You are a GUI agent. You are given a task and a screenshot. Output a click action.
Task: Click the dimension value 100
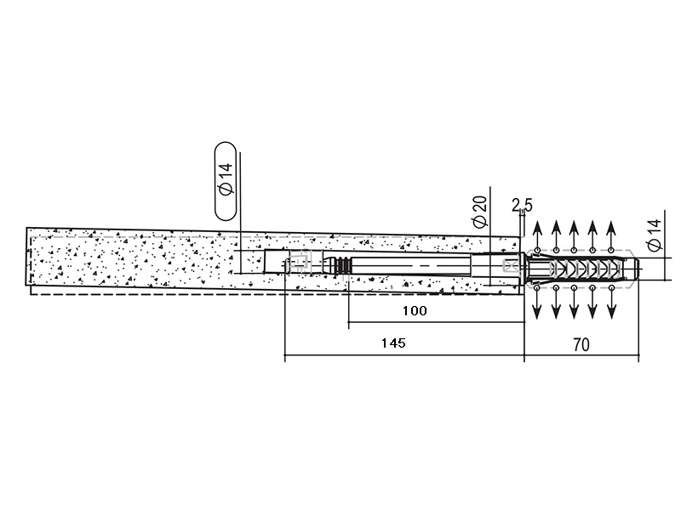tap(415, 310)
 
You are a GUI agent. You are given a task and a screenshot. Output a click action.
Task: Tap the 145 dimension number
tap(393, 343)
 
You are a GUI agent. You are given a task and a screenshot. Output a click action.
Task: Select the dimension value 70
tap(581, 345)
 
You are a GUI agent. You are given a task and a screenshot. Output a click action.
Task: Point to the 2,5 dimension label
tap(522, 205)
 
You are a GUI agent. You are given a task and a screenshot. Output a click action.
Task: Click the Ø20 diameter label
tap(480, 211)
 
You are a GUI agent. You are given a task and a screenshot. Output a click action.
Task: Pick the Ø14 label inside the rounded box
tap(226, 179)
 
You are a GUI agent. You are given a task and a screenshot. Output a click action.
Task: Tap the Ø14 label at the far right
tap(654, 235)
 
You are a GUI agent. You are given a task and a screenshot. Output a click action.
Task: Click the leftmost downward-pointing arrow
tap(537, 303)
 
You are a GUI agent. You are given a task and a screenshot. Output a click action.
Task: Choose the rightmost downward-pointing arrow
tap(611, 303)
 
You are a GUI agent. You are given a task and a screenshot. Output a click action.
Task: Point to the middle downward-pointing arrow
tap(574, 303)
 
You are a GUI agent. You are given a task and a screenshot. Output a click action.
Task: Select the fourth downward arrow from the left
tap(592, 303)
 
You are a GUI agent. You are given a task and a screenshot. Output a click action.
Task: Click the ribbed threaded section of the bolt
tap(343, 265)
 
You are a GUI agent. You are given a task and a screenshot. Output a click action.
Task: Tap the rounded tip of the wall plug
tap(636, 269)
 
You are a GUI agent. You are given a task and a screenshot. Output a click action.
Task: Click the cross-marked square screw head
tap(510, 265)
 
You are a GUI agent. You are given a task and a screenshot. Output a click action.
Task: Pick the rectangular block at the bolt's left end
tap(277, 261)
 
